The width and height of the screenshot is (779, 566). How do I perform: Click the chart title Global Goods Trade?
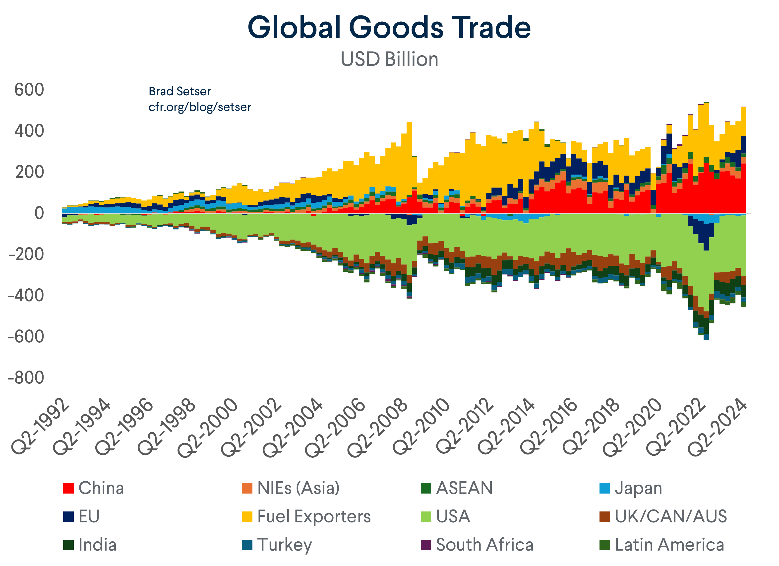point(389,27)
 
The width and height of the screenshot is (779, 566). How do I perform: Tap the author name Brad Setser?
point(180,91)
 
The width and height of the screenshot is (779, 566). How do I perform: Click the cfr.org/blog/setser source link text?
point(200,107)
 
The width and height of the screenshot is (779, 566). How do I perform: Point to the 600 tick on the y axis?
point(29,90)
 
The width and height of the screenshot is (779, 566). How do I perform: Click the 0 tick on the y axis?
point(39,213)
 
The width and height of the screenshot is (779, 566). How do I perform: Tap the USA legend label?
point(453,516)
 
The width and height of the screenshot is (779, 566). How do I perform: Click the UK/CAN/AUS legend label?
point(670,516)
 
